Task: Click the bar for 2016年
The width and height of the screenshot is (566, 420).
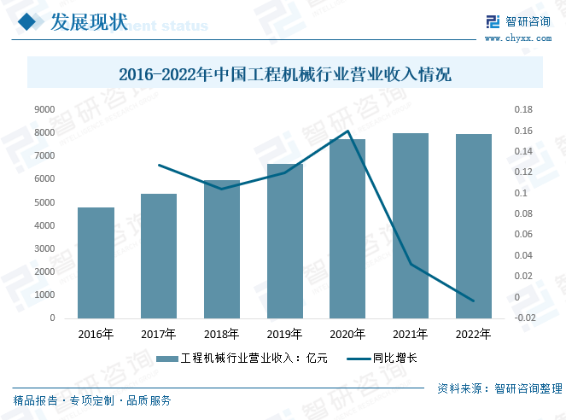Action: tap(96, 263)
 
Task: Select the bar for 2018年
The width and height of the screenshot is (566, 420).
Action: tap(222, 249)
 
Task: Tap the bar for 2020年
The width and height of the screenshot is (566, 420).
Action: tap(347, 229)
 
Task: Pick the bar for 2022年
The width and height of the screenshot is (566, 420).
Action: tap(474, 226)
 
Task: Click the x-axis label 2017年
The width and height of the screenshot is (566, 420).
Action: tap(159, 334)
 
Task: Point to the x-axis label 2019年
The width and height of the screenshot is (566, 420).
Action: tap(284, 334)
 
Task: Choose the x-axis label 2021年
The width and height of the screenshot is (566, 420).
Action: tap(411, 334)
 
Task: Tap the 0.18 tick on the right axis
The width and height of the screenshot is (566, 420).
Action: tap(522, 109)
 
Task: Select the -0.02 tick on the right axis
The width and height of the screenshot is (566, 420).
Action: tap(526, 318)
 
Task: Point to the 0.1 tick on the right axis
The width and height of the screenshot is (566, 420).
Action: tap(520, 193)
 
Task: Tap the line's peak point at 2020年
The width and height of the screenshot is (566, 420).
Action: tap(347, 131)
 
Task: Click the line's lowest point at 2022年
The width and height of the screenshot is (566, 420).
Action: tap(474, 301)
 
